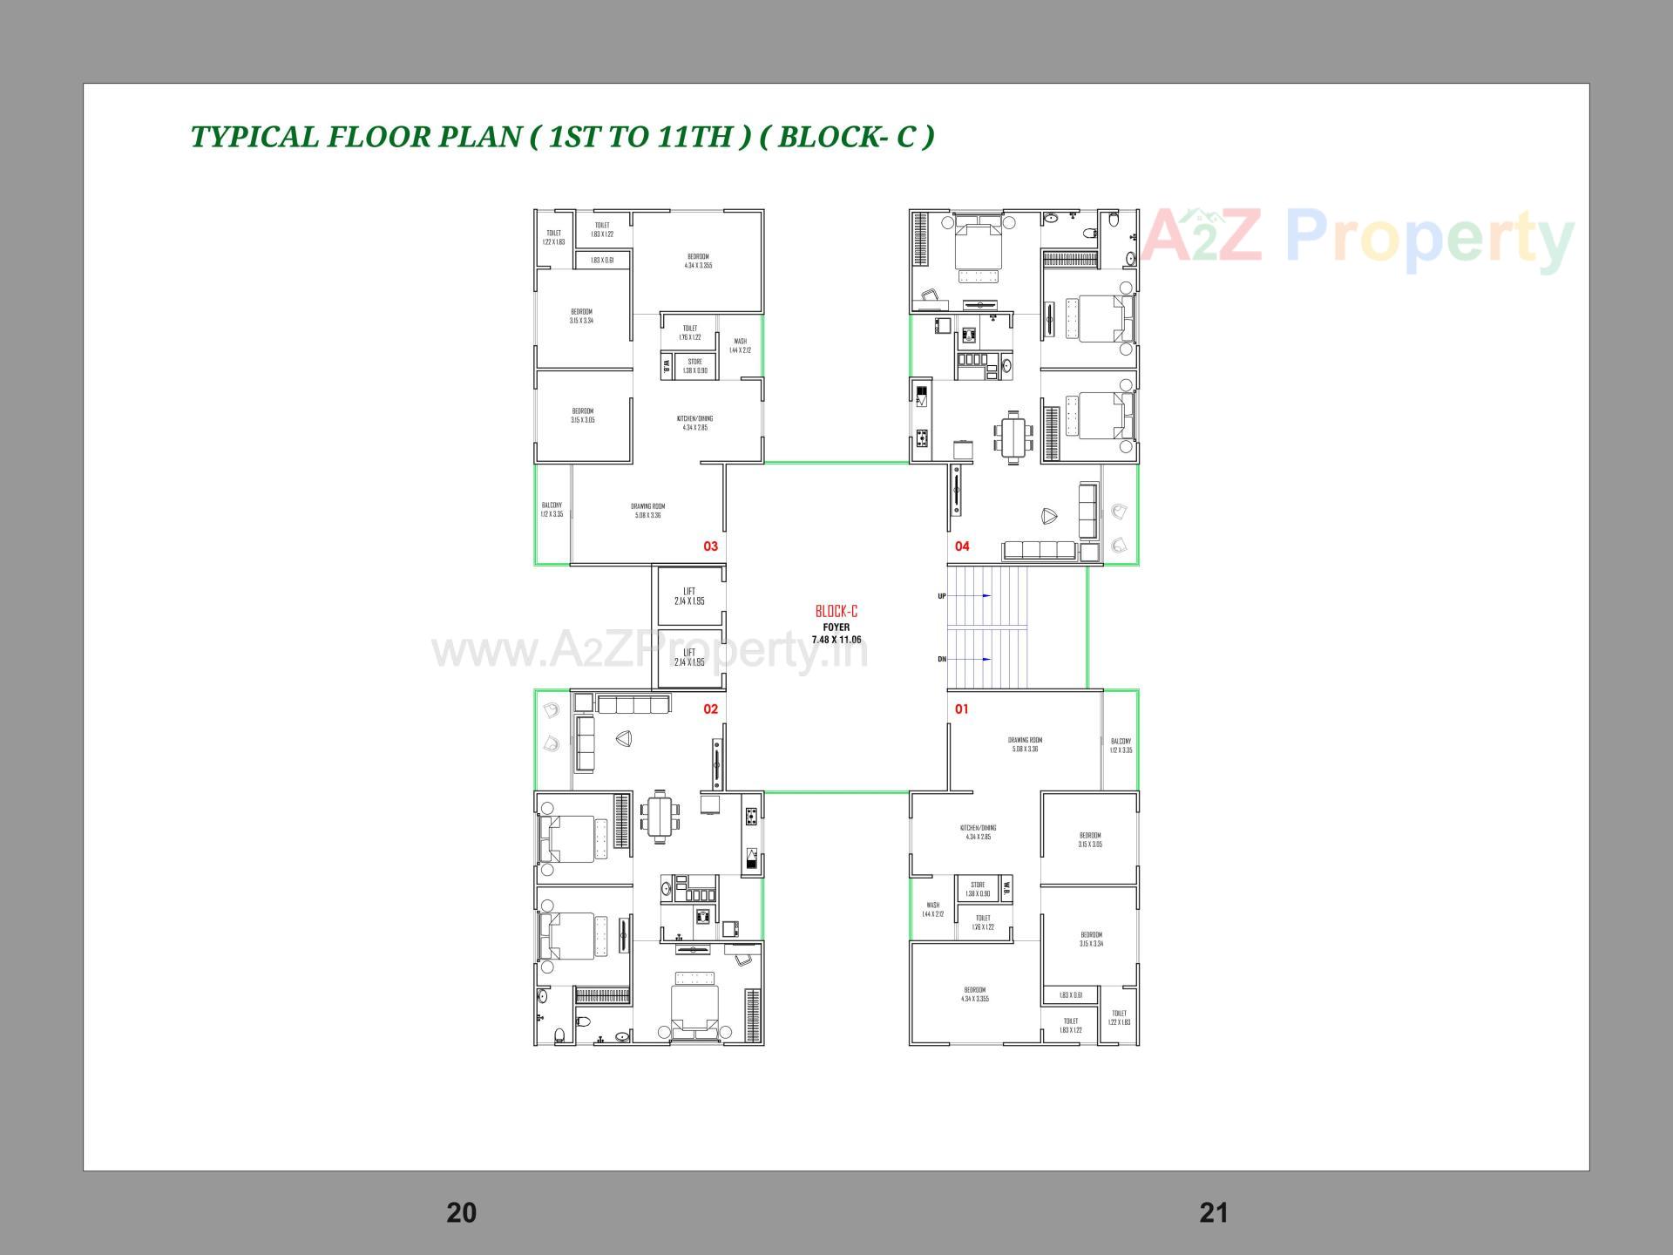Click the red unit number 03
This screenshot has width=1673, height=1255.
[710, 546]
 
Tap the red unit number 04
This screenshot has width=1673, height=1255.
[962, 546]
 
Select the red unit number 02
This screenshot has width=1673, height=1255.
[710, 709]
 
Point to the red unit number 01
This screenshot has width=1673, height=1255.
[961, 709]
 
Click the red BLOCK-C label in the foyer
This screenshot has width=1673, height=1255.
[836, 612]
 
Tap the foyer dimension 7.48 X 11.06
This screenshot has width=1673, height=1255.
[836, 640]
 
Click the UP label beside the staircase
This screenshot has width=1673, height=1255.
[942, 596]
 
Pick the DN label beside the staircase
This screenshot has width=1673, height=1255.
[942, 660]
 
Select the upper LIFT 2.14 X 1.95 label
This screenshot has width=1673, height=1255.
[689, 596]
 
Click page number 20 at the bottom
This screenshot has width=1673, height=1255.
[461, 1212]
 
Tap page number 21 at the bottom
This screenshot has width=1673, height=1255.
[1214, 1212]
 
